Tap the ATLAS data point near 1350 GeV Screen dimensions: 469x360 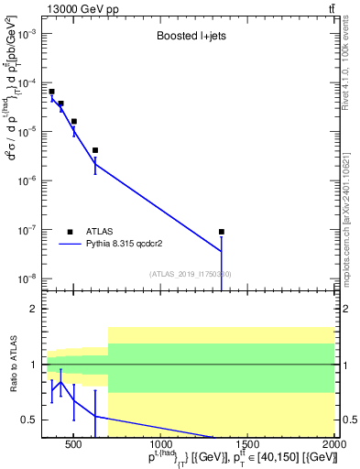pyautogui.click(x=222, y=232)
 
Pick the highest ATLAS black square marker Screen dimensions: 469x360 pyautogui.click(x=52, y=92)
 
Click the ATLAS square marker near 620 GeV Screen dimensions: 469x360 pyautogui.click(x=95, y=150)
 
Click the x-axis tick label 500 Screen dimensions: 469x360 pyautogui.click(x=74, y=446)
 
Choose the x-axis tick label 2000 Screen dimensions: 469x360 pyautogui.click(x=333, y=446)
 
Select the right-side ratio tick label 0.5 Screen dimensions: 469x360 pyautogui.click(x=348, y=420)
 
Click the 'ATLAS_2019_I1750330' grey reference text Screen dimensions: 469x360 pyautogui.click(x=190, y=274)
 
